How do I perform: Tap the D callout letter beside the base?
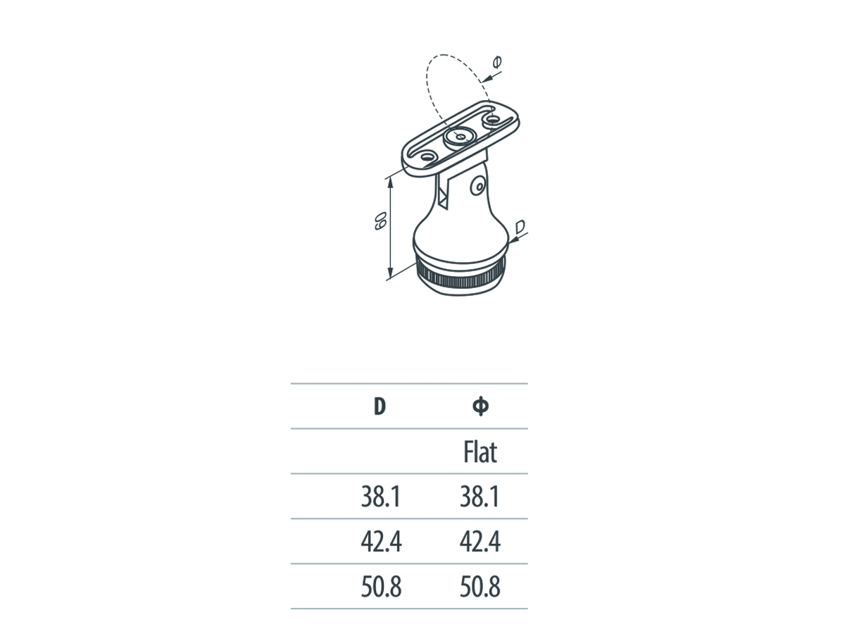(519, 227)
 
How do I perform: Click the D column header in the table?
(380, 406)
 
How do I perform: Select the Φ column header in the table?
(481, 406)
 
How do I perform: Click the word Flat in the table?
(480, 452)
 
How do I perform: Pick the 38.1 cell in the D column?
(380, 497)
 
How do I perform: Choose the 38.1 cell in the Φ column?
(480, 497)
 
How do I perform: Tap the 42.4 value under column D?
(380, 542)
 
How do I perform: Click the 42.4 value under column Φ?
(480, 542)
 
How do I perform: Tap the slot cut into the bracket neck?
(444, 194)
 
